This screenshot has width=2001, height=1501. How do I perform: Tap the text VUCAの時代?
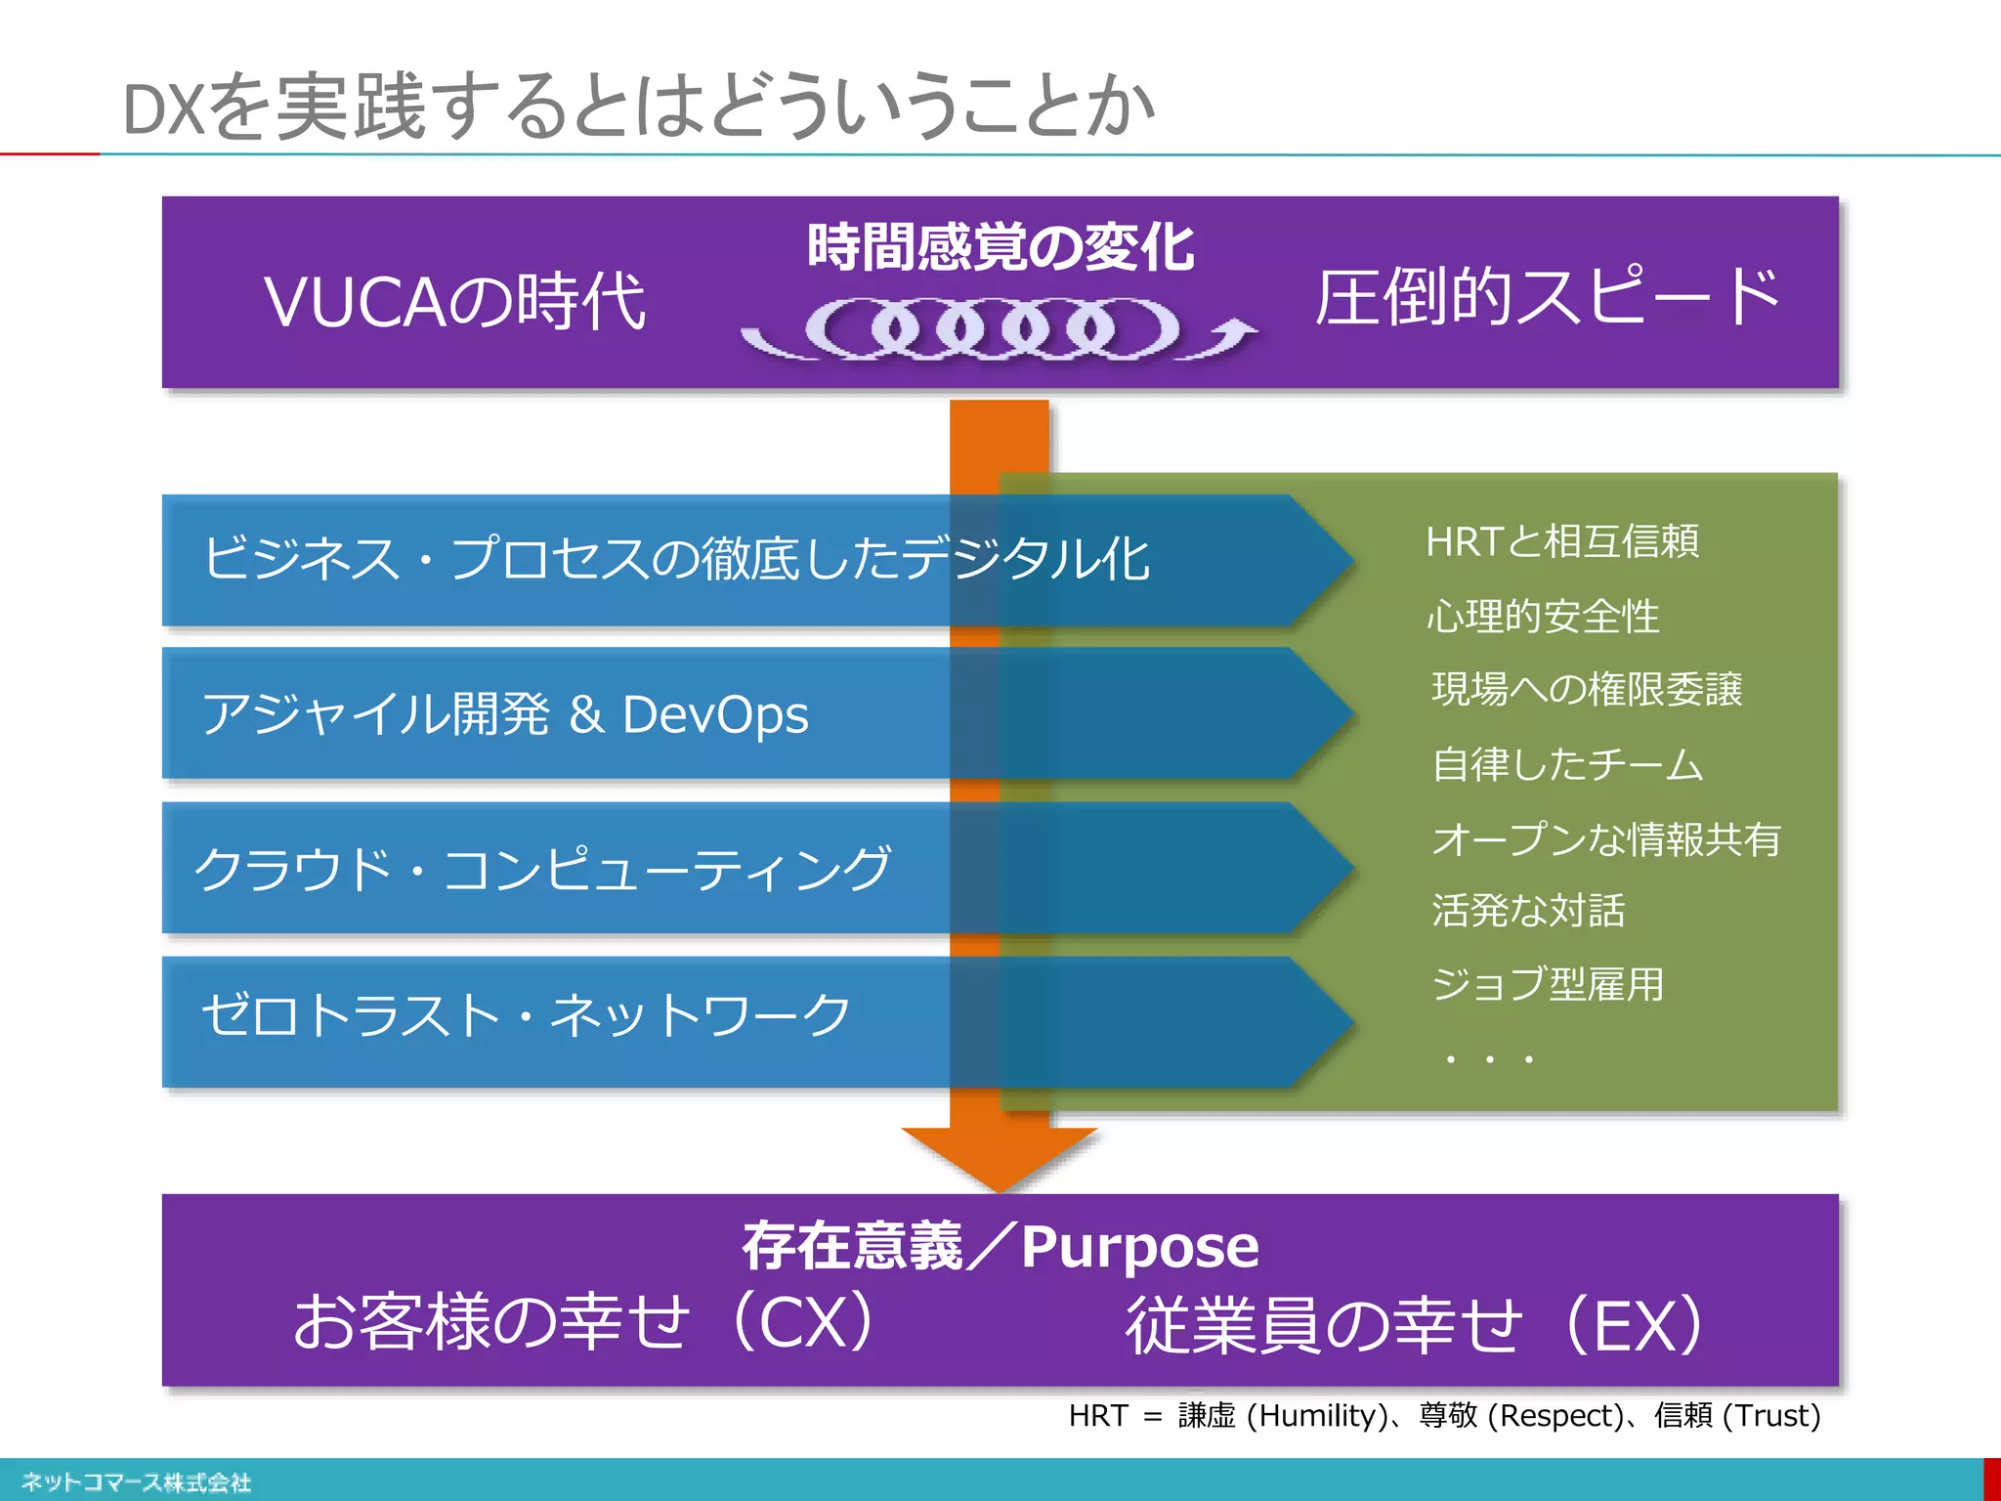(x=454, y=301)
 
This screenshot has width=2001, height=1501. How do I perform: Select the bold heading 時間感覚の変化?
(x=1000, y=247)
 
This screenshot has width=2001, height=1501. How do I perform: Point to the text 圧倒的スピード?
(x=1548, y=297)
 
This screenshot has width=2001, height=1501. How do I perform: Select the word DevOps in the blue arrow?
(x=715, y=714)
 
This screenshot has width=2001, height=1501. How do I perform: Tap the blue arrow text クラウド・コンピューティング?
(x=543, y=869)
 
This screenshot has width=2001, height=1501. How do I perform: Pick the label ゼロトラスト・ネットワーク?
(x=527, y=1015)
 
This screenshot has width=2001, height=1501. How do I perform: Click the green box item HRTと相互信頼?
(x=1562, y=541)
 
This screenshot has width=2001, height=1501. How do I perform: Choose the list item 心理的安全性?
(x=1543, y=617)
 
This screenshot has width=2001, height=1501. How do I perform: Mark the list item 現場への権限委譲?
(x=1587, y=690)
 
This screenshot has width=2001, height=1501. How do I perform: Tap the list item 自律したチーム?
(x=1567, y=764)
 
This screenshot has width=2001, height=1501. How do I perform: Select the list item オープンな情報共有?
(x=1606, y=839)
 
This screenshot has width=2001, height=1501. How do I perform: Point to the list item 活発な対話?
(x=1528, y=911)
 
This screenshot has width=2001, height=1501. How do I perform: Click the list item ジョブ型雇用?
(x=1548, y=984)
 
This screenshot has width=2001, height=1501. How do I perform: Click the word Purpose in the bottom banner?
(x=1140, y=1247)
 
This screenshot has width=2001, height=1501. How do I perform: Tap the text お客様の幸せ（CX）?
(x=584, y=1321)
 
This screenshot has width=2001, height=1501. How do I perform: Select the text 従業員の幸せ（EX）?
(x=1415, y=1325)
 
